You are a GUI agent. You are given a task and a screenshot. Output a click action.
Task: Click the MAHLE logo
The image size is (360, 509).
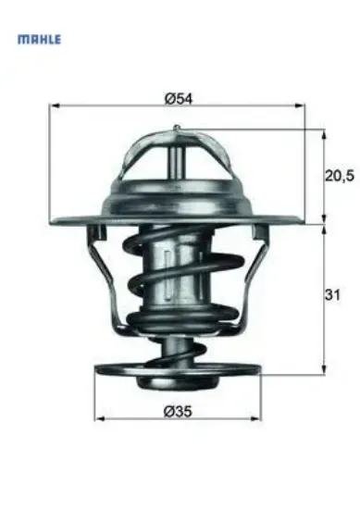pos(39,40)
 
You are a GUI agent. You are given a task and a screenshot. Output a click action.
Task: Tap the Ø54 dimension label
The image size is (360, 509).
pos(178,98)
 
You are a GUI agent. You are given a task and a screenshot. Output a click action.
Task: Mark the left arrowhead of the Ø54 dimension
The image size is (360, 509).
pos(52,108)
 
